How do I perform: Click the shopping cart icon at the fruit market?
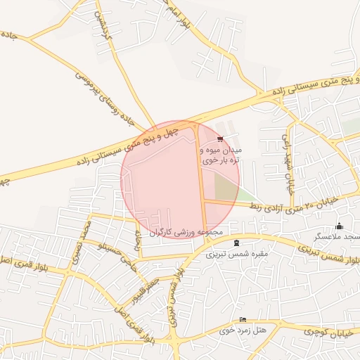point(221,139)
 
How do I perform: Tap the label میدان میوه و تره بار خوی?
point(221,155)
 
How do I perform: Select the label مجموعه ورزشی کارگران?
point(186,232)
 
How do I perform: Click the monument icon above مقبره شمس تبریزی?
point(236,243)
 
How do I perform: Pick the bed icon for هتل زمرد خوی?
point(243,320)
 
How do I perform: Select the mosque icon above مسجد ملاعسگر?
point(340,226)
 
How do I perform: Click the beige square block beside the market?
point(226,186)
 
